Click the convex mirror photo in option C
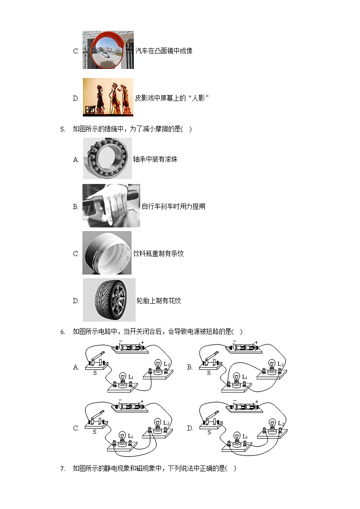[108, 50]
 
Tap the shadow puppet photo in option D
[108, 97]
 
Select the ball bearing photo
[107, 159]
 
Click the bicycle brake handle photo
[111, 206]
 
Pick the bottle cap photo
[107, 253]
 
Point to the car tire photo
[109, 300]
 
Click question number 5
[63, 129]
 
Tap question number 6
[63, 332]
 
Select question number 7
[63, 469]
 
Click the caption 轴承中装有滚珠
[155, 160]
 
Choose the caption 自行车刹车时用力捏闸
[173, 207]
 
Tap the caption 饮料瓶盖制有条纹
[158, 254]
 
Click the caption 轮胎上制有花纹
[159, 301]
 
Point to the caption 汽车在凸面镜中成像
[164, 51]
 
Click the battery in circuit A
[131, 348]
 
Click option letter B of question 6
[190, 367]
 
